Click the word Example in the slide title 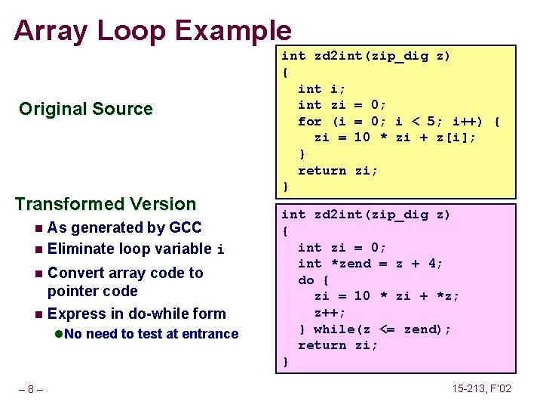[x=233, y=30]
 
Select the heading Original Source [x=85, y=109]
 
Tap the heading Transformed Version [x=105, y=204]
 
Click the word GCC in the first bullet [x=186, y=227]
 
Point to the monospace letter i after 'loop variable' [x=220, y=250]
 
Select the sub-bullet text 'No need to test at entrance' [x=151, y=334]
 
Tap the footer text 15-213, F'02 [x=481, y=389]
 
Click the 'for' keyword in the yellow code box [x=310, y=121]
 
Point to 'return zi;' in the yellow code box [x=338, y=171]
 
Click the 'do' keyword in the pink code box [x=306, y=280]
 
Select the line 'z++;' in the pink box [x=330, y=313]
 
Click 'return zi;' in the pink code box [x=338, y=345]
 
